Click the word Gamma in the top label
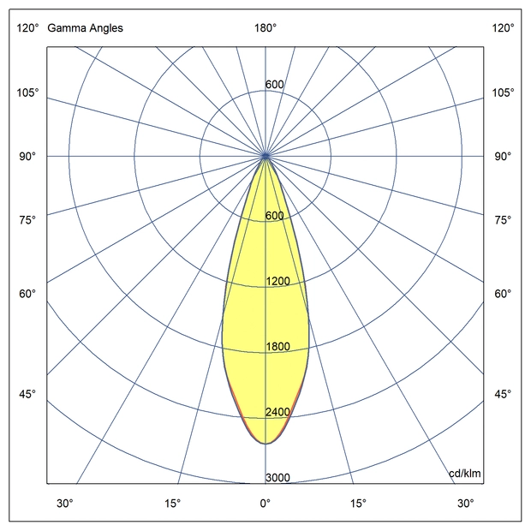point(64,28)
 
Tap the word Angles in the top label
point(104,28)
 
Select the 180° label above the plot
point(265,28)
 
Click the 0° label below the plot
point(265,503)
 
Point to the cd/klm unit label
point(464,474)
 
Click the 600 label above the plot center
point(274,85)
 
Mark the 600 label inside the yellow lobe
point(274,216)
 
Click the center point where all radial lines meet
point(265,156)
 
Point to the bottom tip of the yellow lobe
point(265,444)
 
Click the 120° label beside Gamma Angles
point(27,28)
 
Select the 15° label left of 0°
point(173,503)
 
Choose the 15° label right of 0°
point(358,503)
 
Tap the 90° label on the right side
point(503,156)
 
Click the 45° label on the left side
point(27,394)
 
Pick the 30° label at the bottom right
point(465,503)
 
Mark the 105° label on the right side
point(503,92)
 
